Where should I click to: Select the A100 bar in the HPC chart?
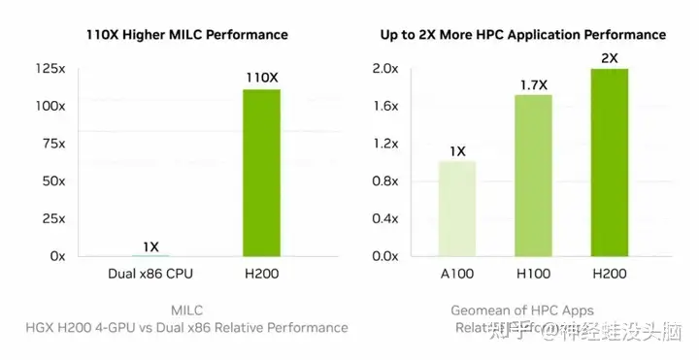click(457, 209)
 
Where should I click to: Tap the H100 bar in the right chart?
click(532, 176)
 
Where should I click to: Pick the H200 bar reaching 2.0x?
click(608, 162)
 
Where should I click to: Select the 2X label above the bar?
click(609, 57)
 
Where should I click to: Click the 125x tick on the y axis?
click(50, 68)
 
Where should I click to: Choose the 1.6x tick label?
click(386, 107)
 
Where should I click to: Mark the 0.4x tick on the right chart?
click(386, 218)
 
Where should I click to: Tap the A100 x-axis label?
click(457, 276)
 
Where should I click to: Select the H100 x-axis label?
click(532, 276)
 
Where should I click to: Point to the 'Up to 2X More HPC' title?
click(522, 34)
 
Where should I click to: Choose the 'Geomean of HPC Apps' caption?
click(522, 311)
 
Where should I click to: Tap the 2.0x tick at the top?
click(386, 68)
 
